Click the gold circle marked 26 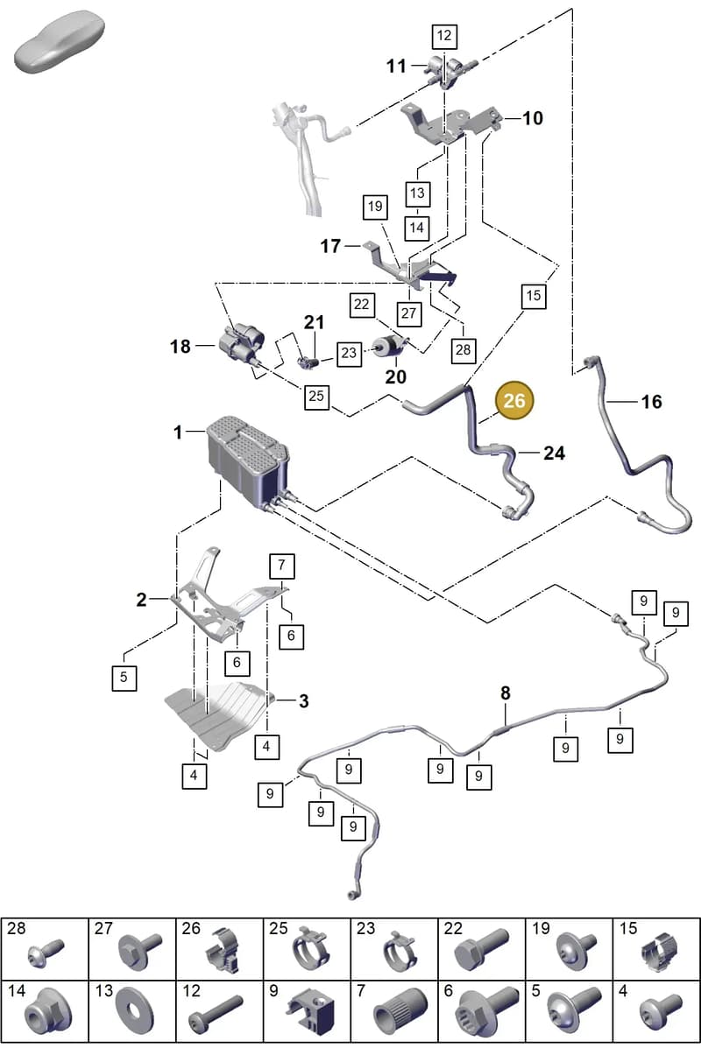pyautogui.click(x=514, y=401)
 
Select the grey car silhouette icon pyautogui.click(x=60, y=41)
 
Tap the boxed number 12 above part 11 pyautogui.click(x=444, y=36)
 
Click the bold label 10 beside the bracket pyautogui.click(x=533, y=118)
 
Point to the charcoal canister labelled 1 pyautogui.click(x=248, y=459)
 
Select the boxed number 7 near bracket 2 pyautogui.click(x=282, y=566)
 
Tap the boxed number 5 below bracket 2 pyautogui.click(x=124, y=678)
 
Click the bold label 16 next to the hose pyautogui.click(x=651, y=402)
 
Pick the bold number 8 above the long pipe pyautogui.click(x=506, y=693)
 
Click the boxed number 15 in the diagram pyautogui.click(x=534, y=296)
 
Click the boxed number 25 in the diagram pyautogui.click(x=316, y=397)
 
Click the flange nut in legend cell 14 pyautogui.click(x=47, y=1011)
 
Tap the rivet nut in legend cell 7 pyautogui.click(x=400, y=1011)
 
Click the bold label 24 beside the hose pyautogui.click(x=555, y=454)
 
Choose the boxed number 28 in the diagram pyautogui.click(x=464, y=350)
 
